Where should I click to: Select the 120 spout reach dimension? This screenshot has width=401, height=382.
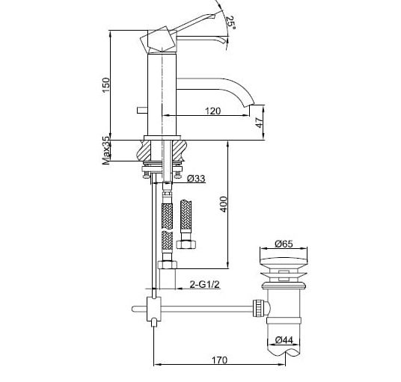(212, 111)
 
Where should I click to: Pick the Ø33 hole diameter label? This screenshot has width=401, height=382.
(197, 178)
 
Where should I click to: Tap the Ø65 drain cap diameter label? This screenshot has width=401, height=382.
(283, 243)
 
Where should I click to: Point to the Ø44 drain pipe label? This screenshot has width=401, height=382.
(282, 340)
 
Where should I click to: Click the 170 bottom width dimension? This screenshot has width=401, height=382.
(218, 360)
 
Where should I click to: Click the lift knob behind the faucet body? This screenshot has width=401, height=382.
(140, 110)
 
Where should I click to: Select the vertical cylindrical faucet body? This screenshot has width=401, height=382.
(162, 90)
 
